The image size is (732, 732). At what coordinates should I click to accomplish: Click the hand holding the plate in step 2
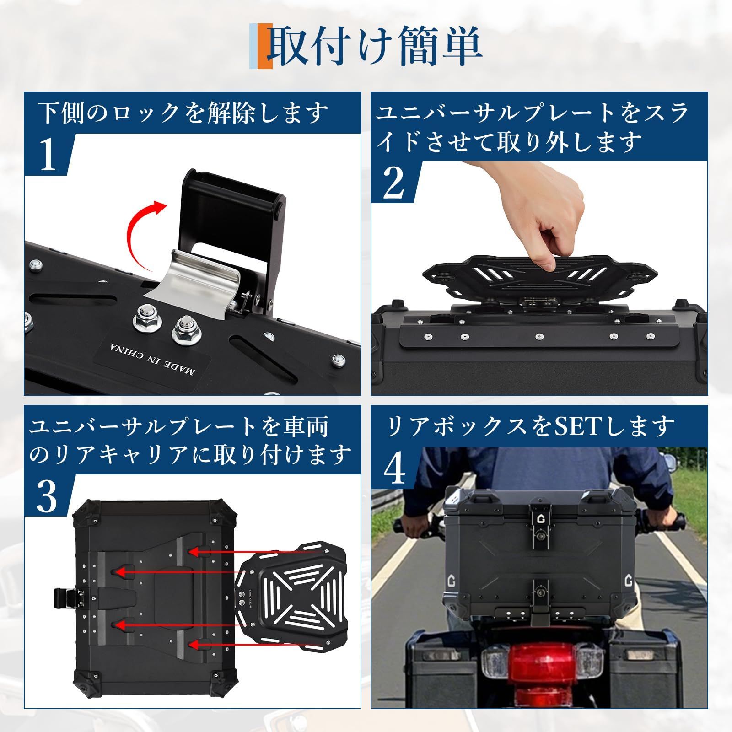pyautogui.click(x=535, y=215)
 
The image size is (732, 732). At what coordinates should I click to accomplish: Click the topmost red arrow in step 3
pyautogui.click(x=256, y=553)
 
